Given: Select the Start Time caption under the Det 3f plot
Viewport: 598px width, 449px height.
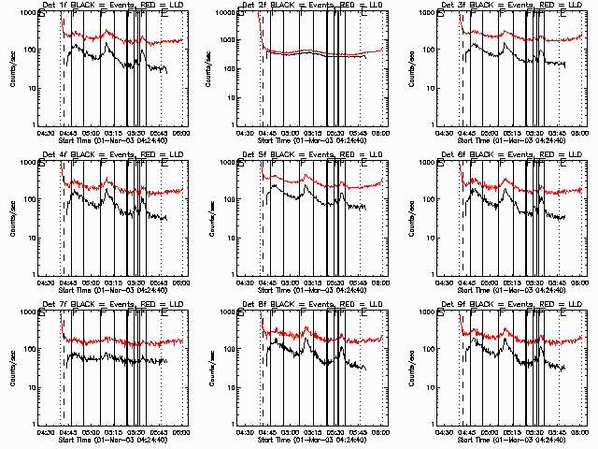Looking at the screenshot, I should (x=511, y=139).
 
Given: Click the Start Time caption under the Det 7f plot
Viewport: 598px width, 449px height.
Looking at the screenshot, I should (x=112, y=439).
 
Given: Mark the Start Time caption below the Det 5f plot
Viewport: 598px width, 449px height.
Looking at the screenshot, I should (x=312, y=289).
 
